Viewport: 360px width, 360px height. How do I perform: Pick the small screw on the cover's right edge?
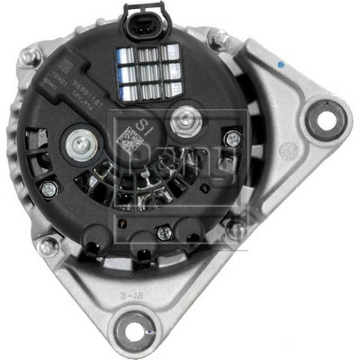click(234, 139)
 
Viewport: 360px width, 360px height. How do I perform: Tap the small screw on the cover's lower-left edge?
click(49, 189)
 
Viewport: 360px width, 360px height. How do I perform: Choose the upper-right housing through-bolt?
click(219, 36)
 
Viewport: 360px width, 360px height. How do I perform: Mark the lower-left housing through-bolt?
click(47, 244)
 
